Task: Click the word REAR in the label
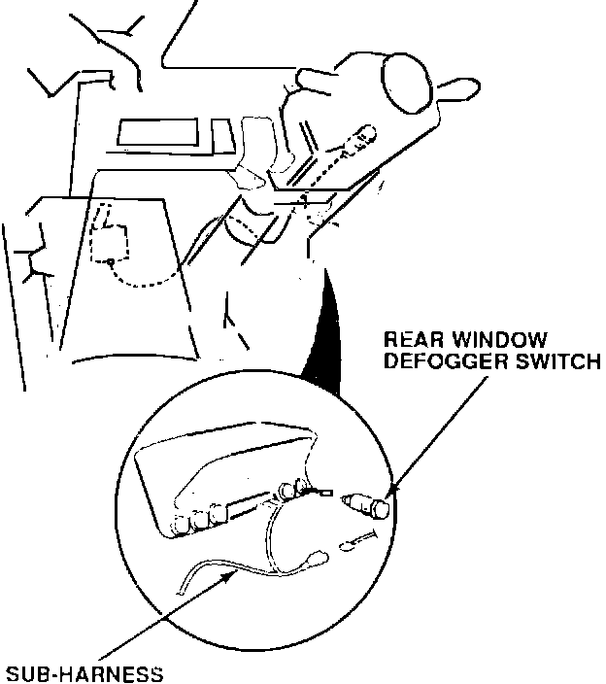409,341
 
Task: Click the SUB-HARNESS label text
84,671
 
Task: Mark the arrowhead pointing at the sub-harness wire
232,576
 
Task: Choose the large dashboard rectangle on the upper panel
161,133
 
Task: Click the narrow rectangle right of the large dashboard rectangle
221,135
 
